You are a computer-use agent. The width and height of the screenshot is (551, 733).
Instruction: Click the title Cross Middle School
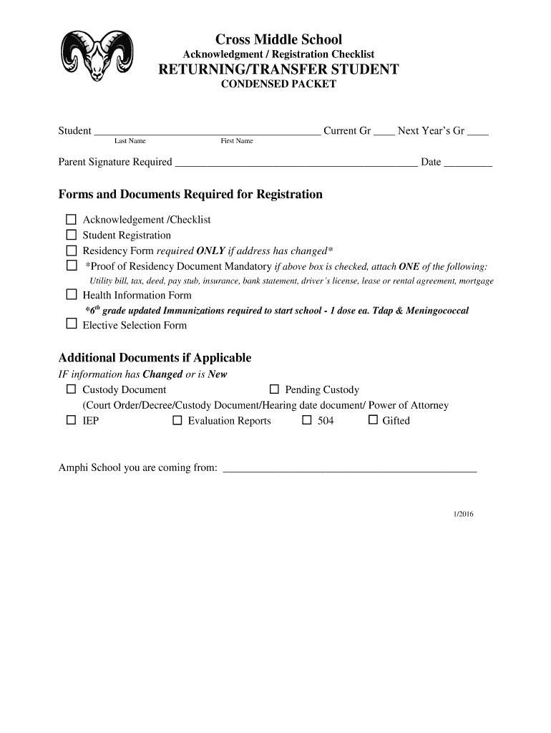tap(278, 39)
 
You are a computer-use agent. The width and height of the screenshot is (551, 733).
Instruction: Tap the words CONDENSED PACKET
tap(278, 84)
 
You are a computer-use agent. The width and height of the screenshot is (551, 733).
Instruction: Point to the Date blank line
tap(468, 163)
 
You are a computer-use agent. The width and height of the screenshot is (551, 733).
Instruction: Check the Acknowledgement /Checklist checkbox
tap(72, 220)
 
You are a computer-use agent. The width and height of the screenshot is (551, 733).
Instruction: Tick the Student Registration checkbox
tap(72, 235)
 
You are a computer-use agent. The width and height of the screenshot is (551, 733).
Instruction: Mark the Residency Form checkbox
tap(72, 251)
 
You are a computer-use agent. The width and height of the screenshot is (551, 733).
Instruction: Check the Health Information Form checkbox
tap(72, 294)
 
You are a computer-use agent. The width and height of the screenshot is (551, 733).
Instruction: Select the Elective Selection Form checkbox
tap(72, 324)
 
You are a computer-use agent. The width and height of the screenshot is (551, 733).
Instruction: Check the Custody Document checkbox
tap(71, 389)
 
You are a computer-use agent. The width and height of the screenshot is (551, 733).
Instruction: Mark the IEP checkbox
tap(71, 420)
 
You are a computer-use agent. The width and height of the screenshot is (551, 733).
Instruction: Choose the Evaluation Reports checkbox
tap(177, 420)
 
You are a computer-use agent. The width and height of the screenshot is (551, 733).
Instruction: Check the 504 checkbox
tap(306, 420)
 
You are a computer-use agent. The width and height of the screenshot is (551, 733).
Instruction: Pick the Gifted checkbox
tap(372, 420)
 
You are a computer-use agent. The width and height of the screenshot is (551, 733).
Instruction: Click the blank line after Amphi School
tap(350, 470)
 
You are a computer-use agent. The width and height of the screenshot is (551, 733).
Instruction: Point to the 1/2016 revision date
tap(463, 514)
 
